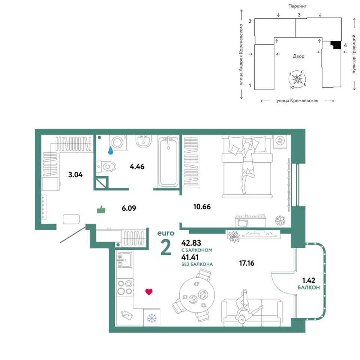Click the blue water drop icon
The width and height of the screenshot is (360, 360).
(111, 150)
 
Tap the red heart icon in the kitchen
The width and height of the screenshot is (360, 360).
(149, 292)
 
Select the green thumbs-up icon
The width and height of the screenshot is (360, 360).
(101, 209)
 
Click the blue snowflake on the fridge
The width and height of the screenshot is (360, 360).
(151, 318)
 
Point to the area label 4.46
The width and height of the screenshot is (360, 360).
(137, 166)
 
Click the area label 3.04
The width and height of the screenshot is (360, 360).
(75, 175)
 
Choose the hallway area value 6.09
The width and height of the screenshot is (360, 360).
(129, 208)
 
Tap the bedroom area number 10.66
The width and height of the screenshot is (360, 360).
(202, 207)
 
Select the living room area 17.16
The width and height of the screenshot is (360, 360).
(247, 263)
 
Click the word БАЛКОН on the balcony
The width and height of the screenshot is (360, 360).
(309, 288)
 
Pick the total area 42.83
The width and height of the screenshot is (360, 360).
(191, 243)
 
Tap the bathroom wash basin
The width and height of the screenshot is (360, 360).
(144, 141)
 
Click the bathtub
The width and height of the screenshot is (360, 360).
(168, 161)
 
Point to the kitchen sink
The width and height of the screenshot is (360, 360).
(124, 260)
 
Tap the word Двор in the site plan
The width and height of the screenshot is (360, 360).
(298, 56)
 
